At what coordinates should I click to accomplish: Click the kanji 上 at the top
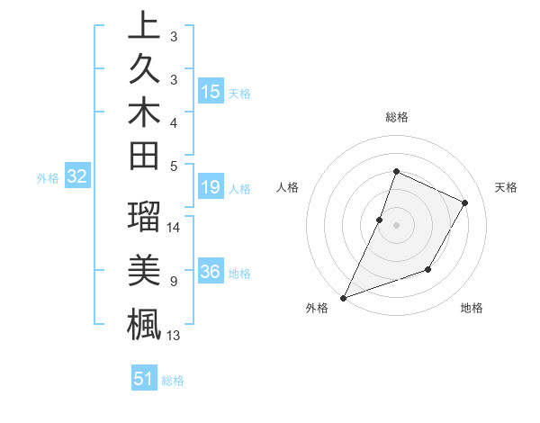[x=144, y=26]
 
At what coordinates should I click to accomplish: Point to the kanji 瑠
[x=144, y=218]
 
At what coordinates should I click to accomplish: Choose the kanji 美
[x=144, y=271]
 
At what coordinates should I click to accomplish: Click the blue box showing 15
[x=211, y=91]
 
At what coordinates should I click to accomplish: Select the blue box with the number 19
[x=211, y=188]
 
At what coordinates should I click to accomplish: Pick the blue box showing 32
[x=76, y=177]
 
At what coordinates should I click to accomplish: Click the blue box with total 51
[x=144, y=379]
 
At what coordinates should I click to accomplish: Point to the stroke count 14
[x=175, y=228]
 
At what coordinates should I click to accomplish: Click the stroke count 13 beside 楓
[x=175, y=336]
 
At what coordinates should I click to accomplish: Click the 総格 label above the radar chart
[x=396, y=117]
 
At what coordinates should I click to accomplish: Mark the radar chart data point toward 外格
[x=343, y=298]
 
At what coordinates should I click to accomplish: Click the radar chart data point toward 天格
[x=465, y=202]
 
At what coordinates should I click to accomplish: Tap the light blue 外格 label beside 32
[x=48, y=178]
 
